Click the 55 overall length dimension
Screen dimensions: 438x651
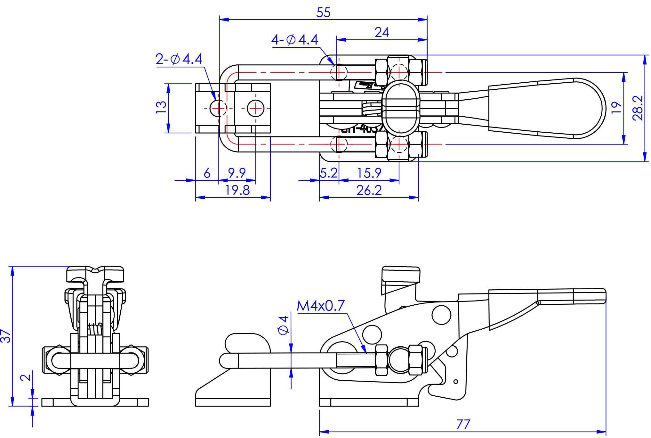coord(323,13)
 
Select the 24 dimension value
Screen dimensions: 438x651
coord(382,32)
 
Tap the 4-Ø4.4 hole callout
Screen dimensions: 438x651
coord(295,40)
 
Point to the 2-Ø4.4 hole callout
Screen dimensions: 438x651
coord(179,59)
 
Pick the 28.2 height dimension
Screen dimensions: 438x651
coord(638,108)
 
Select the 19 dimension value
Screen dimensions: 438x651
coord(616,108)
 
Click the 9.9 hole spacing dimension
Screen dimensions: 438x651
coord(237,173)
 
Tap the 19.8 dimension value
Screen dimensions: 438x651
coord(237,190)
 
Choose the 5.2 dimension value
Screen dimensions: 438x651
coord(329,173)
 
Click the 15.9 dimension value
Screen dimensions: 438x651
coord(369,173)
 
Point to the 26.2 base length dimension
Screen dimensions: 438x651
coord(369,191)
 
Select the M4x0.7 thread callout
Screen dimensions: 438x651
coord(321,306)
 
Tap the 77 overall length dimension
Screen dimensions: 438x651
coord(463,425)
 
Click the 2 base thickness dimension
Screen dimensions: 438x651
coord(26,377)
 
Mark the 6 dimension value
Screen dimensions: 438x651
coord(207,173)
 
